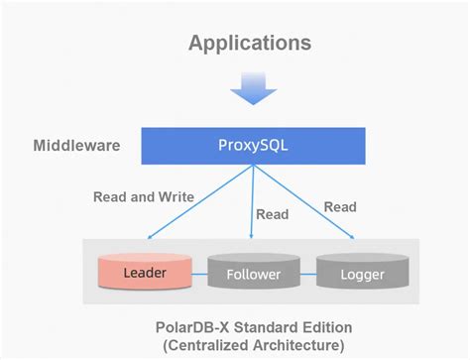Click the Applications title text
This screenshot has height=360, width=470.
tap(249, 43)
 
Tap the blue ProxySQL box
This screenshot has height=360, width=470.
tap(251, 146)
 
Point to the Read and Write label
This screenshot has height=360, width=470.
tap(144, 196)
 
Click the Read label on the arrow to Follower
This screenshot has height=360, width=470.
tap(272, 214)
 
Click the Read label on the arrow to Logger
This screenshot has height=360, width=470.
tap(340, 206)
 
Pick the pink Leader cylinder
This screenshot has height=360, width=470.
tap(145, 271)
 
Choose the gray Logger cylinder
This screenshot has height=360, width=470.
tap(363, 273)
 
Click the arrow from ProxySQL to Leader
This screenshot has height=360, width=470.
tap(198, 203)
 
